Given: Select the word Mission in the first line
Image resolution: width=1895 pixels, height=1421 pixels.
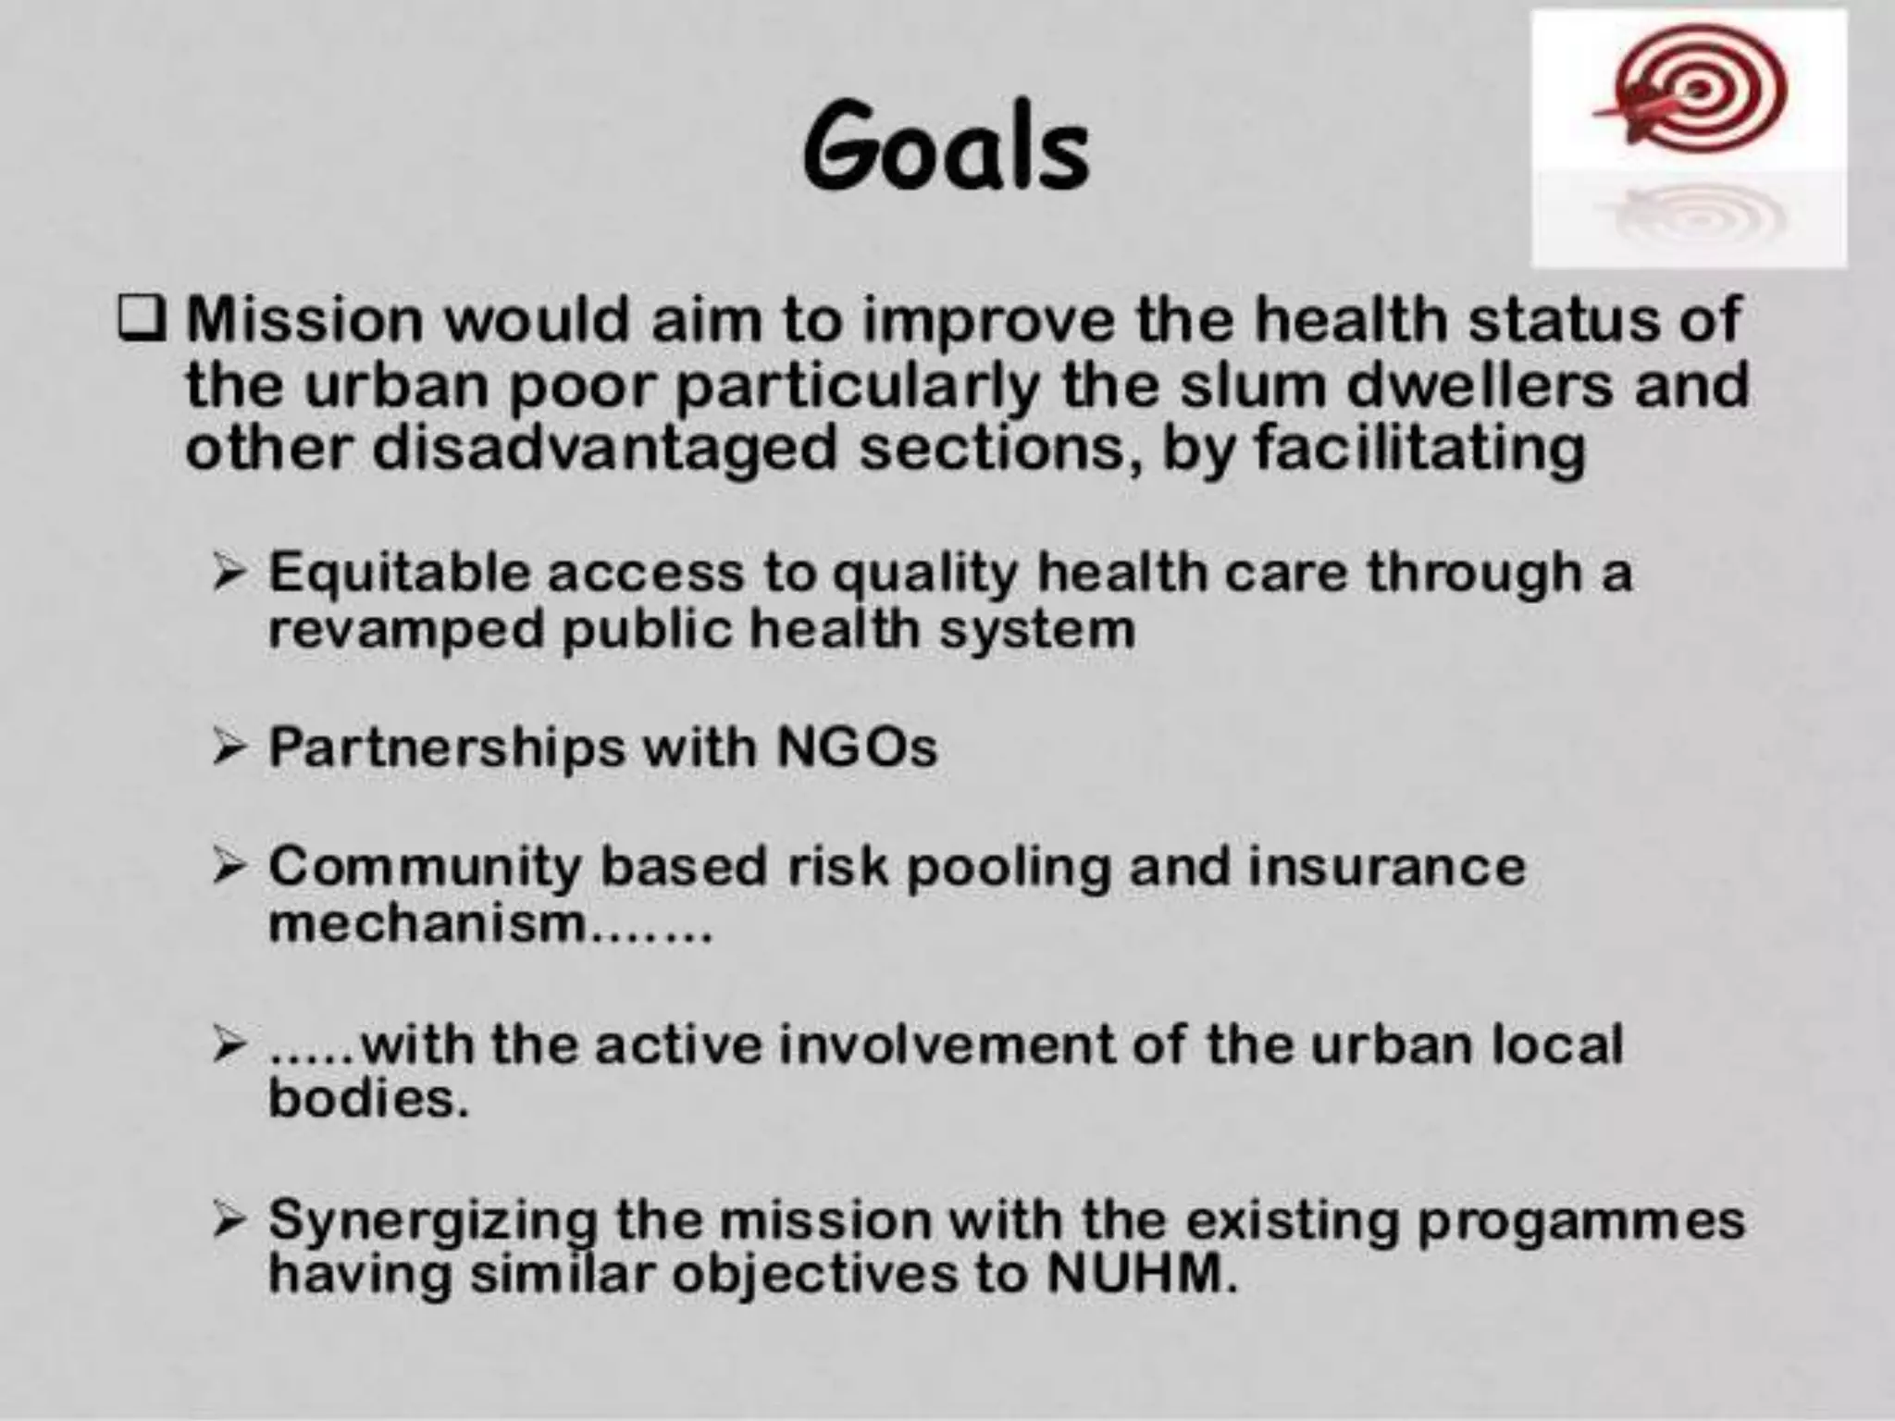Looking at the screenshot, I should (x=304, y=319).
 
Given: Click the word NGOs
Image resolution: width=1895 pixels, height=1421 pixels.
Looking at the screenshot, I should (x=856, y=747).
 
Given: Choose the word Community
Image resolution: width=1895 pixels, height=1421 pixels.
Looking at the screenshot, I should (x=425, y=868).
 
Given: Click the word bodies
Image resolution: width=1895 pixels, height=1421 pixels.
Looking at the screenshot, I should (x=368, y=1099).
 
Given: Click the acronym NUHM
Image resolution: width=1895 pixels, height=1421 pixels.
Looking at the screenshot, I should (x=1140, y=1275).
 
